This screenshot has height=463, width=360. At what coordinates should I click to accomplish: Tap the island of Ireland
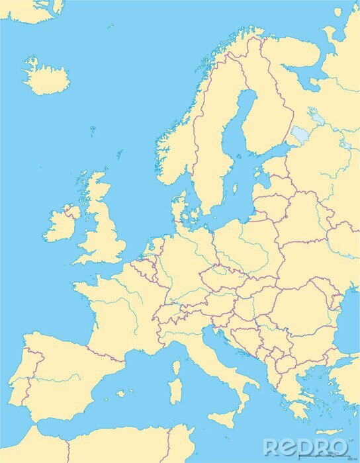pyautogui.click(x=62, y=225)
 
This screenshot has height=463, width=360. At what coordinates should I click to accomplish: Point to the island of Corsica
pyautogui.click(x=177, y=367)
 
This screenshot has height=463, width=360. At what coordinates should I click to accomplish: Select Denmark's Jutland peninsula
pyautogui.click(x=179, y=209)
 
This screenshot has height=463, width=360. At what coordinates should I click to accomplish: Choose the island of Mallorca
pyautogui.click(x=120, y=394)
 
